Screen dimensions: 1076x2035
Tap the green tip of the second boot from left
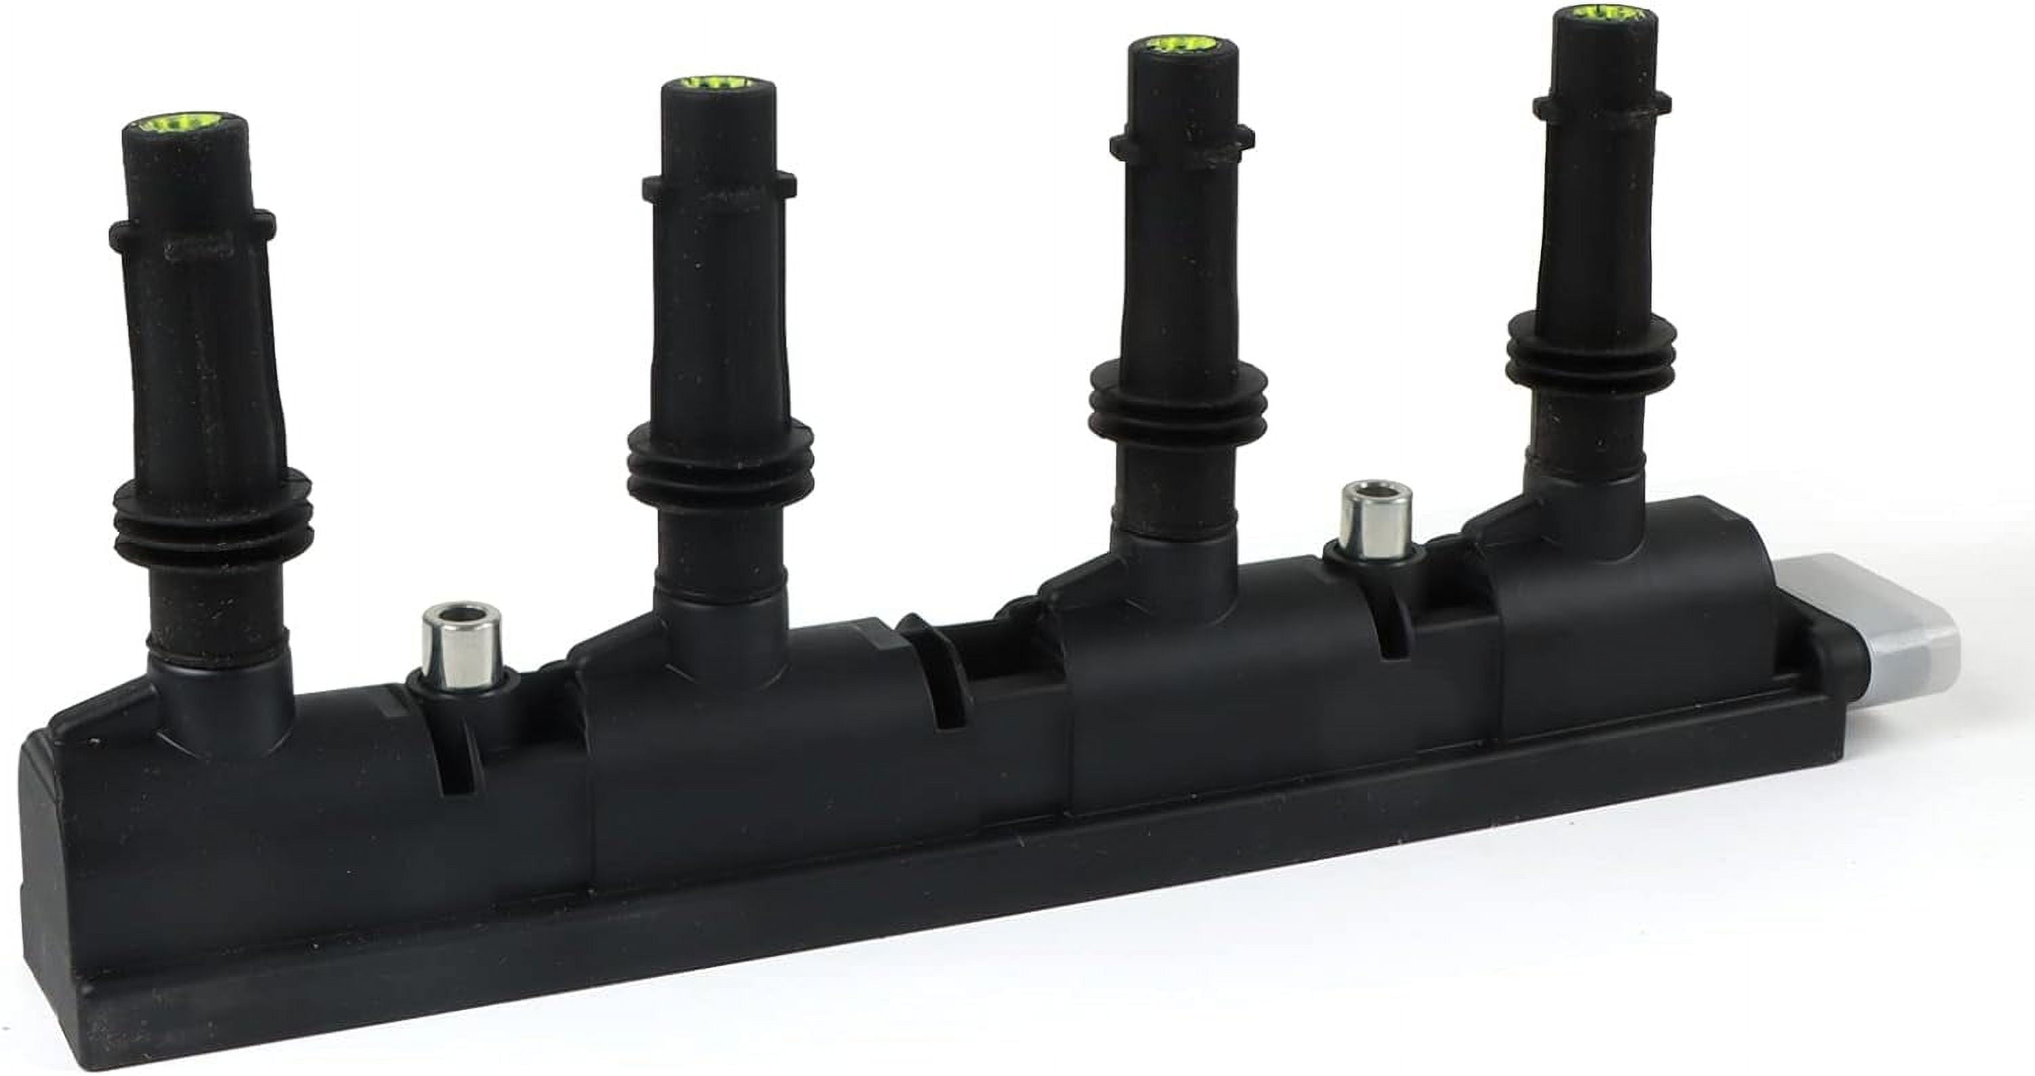coord(717,82)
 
